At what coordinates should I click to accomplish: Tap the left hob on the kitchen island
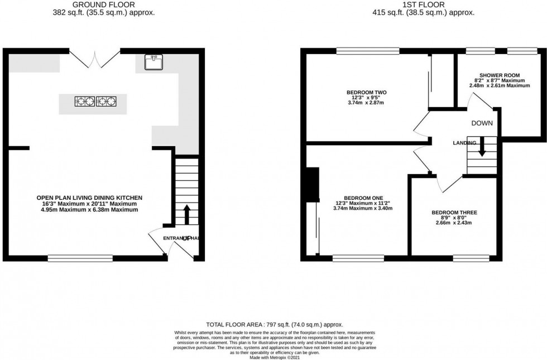(x=84, y=102)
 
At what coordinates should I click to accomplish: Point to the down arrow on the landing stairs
(x=481, y=146)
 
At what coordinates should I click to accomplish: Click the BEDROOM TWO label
(x=367, y=92)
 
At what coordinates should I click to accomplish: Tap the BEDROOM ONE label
(x=363, y=198)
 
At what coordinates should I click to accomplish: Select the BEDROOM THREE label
(x=454, y=213)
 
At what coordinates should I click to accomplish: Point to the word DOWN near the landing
(x=481, y=123)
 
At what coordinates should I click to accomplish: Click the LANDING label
(x=464, y=143)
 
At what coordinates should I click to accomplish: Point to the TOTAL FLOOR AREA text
(x=274, y=324)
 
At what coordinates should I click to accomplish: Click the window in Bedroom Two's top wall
(x=368, y=51)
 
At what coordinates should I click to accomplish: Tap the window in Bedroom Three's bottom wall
(x=471, y=258)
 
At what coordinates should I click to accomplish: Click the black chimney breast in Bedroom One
(x=310, y=185)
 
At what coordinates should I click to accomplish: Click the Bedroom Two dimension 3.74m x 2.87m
(x=367, y=103)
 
